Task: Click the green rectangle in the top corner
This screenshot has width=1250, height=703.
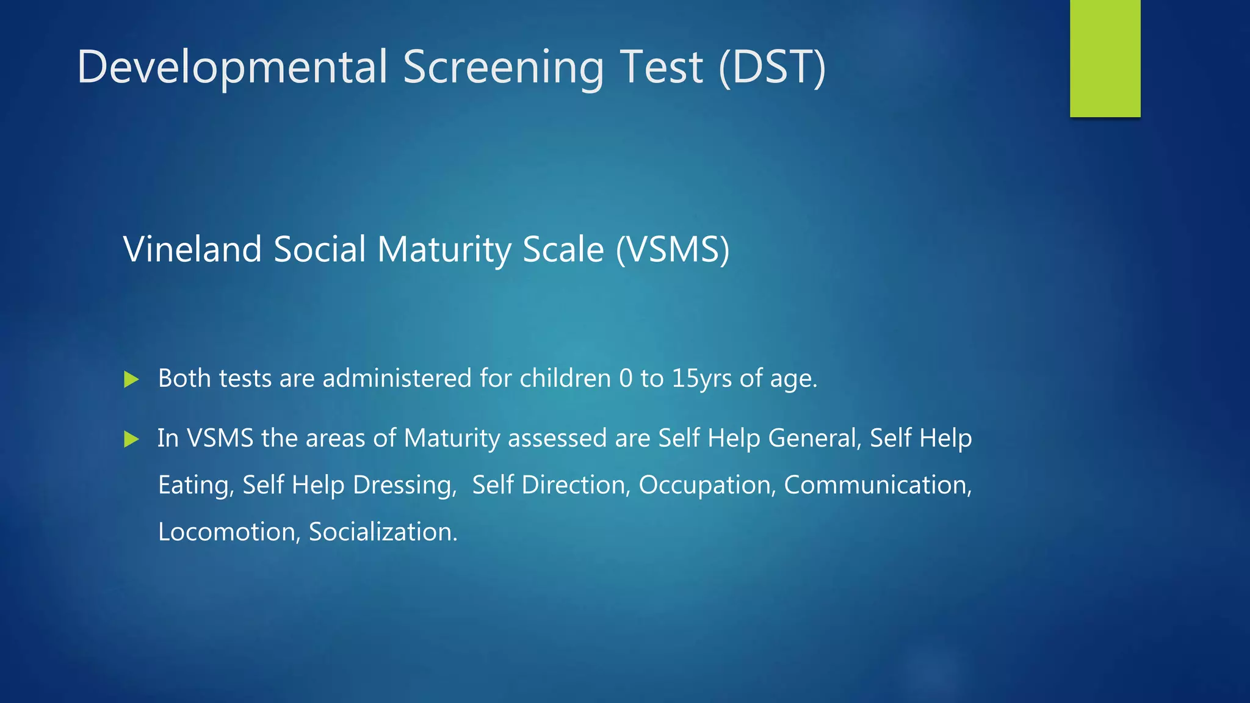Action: point(1105,58)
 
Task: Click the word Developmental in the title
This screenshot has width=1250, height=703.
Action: point(232,67)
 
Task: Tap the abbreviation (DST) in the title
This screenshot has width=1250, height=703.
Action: point(772,67)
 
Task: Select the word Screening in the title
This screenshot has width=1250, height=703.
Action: point(503,67)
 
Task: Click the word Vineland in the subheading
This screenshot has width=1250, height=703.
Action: point(192,250)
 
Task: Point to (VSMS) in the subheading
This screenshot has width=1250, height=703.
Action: point(673,250)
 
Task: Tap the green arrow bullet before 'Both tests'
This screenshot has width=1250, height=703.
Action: point(131,379)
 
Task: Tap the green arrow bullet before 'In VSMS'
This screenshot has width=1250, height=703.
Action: point(131,439)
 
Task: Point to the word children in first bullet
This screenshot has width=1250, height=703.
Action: point(565,378)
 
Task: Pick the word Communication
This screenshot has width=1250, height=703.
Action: point(877,485)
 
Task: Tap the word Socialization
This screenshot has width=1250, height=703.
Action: point(383,532)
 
